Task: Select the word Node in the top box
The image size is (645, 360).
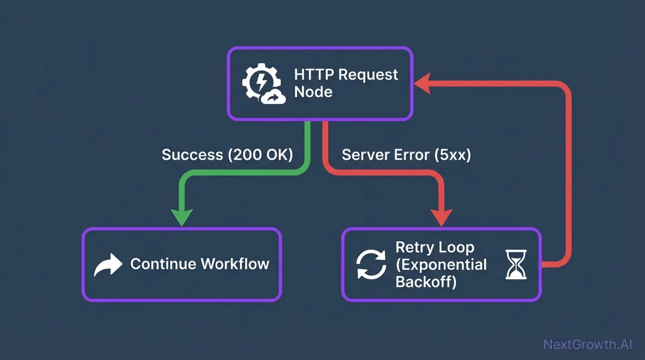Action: (313, 92)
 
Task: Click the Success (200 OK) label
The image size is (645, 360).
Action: (227, 154)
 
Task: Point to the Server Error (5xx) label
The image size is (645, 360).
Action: (406, 154)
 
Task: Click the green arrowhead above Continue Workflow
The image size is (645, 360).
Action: (182, 217)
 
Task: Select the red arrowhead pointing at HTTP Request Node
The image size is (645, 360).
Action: (422, 84)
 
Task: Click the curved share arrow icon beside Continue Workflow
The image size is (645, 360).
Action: (108, 265)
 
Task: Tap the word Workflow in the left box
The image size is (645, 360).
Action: (235, 264)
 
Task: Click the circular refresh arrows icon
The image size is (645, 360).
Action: (371, 264)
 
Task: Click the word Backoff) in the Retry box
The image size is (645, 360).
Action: (426, 282)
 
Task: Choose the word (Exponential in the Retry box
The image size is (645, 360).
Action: (441, 265)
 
